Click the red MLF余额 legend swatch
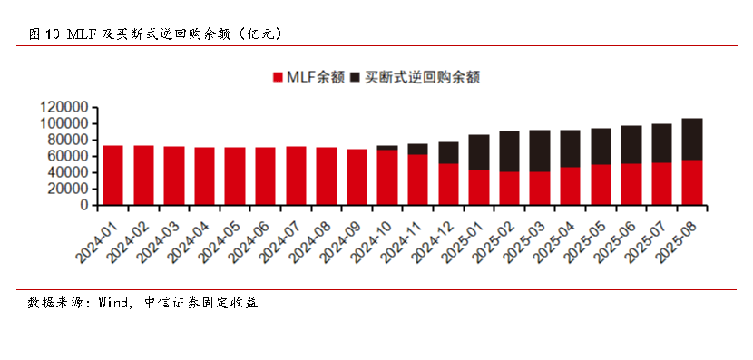point(278,79)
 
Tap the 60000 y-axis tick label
point(67,156)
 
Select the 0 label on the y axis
point(83,206)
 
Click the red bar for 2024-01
point(113,175)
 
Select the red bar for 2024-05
point(235,176)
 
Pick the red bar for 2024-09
point(357,177)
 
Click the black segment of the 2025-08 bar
point(692,139)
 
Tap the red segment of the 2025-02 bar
point(509,189)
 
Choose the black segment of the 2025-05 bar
point(601,146)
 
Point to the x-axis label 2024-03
point(158,238)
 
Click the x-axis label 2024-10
point(371,238)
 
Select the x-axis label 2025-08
point(676,238)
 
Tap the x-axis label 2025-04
point(554,238)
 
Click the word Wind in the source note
point(114,303)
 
